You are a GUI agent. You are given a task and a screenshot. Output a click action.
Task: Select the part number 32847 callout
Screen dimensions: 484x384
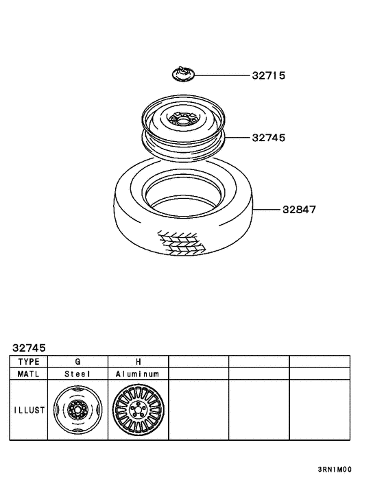(298, 210)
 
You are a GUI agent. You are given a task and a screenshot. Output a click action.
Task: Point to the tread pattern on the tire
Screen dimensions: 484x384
(182, 241)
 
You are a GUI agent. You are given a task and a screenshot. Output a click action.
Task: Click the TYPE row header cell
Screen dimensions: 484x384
(29, 361)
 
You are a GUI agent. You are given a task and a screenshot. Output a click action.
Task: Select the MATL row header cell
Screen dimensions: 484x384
(29, 374)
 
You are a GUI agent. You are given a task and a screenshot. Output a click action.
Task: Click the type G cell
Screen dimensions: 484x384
(77, 361)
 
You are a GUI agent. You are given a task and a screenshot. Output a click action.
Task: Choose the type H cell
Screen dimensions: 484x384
(138, 361)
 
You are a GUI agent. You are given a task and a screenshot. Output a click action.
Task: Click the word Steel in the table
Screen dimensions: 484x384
(77, 374)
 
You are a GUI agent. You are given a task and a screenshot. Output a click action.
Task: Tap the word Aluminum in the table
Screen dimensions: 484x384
(138, 374)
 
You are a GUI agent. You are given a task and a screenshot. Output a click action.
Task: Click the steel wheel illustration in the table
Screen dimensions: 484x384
(77, 411)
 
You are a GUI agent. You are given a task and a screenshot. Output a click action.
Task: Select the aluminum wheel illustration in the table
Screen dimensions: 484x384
(138, 411)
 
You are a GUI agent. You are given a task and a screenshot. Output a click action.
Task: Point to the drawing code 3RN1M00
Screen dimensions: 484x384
(335, 470)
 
